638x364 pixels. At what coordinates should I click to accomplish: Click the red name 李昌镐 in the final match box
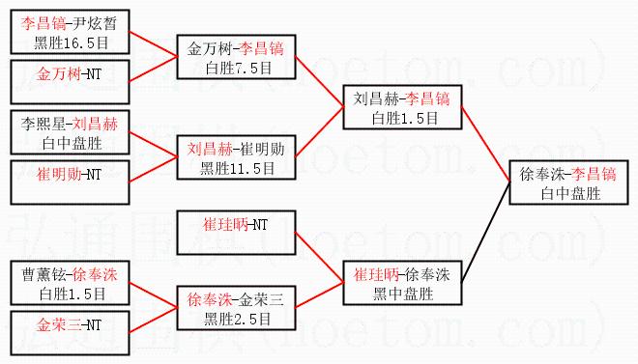pos(594,175)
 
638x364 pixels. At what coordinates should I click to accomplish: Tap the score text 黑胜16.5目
pos(72,42)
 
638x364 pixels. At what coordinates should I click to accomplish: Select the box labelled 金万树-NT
pos(70,82)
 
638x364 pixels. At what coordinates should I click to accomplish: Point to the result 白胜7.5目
pos(239,68)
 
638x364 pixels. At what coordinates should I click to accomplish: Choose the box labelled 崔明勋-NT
pos(70,182)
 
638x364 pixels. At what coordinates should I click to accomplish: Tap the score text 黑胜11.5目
pos(237,168)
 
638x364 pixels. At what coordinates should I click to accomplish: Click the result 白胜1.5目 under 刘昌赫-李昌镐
pos(405,118)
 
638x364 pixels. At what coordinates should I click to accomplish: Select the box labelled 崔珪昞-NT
pos(237,233)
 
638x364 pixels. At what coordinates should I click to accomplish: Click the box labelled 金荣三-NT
pos(70,333)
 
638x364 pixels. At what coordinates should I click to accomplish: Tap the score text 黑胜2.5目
pos(237,319)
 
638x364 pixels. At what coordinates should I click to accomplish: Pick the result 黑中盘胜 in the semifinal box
pos(403,294)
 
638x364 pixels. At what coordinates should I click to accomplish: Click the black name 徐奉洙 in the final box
pos(542,175)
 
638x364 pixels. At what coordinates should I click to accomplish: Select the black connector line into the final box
pos(486,232)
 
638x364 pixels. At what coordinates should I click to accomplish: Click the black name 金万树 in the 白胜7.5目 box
pos(209,48)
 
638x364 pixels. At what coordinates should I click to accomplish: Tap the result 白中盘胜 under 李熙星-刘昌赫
pos(72,143)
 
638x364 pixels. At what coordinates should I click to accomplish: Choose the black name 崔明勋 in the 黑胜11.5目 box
pos(262,149)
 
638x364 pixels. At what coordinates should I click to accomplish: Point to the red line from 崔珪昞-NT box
pos(319,257)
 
